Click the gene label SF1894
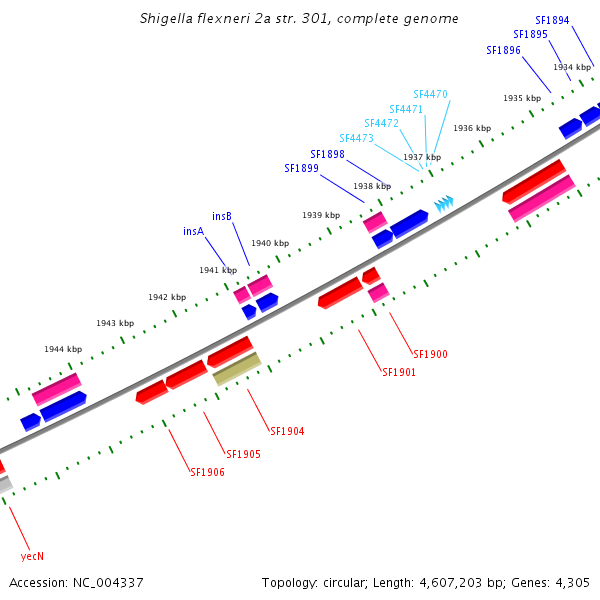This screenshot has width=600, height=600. tap(552, 20)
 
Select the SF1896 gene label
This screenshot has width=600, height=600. tap(503, 50)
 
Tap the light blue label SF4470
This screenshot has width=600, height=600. tap(430, 94)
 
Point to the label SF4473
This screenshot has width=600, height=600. tap(356, 138)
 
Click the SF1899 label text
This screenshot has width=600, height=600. tap(301, 168)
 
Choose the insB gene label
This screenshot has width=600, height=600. tap(222, 216)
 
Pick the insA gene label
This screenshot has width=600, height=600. tap(193, 231)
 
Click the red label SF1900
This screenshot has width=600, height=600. tap(430, 354)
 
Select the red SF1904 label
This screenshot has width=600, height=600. tap(287, 432)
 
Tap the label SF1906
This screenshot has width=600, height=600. tap(207, 472)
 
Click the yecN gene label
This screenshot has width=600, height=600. tap(32, 556)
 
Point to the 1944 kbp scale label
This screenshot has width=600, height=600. tap(62, 349)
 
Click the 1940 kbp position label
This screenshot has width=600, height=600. tap(269, 243)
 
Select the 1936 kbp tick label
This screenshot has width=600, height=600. tap(471, 128)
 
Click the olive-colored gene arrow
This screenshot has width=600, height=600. tap(237, 368)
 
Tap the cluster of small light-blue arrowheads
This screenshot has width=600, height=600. tap(443, 204)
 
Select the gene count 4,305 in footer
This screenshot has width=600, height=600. tap(572, 582)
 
